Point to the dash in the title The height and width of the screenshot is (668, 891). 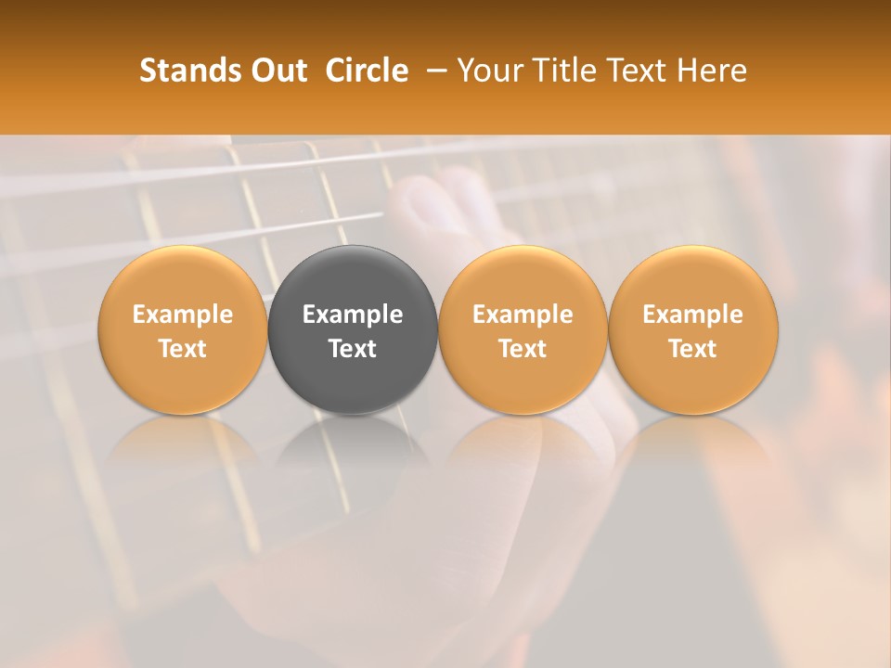pyautogui.click(x=434, y=71)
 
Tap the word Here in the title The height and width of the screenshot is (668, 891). pyautogui.click(x=712, y=71)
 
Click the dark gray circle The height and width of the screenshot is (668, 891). pyautogui.click(x=353, y=329)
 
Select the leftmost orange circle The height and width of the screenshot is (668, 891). pyautogui.click(x=182, y=329)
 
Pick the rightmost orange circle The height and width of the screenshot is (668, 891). pyautogui.click(x=693, y=329)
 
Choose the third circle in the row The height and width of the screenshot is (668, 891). pyautogui.click(x=523, y=329)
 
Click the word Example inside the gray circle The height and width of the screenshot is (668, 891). pyautogui.click(x=353, y=315)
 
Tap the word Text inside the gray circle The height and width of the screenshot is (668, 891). pyautogui.click(x=353, y=349)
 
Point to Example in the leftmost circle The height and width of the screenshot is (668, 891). pyautogui.click(x=182, y=315)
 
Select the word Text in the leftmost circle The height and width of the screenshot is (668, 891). pyautogui.click(x=182, y=349)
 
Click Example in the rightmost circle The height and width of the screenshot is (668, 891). pyautogui.click(x=693, y=315)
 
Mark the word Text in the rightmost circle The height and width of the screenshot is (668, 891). pyautogui.click(x=693, y=349)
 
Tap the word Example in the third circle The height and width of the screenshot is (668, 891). pyautogui.click(x=523, y=315)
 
